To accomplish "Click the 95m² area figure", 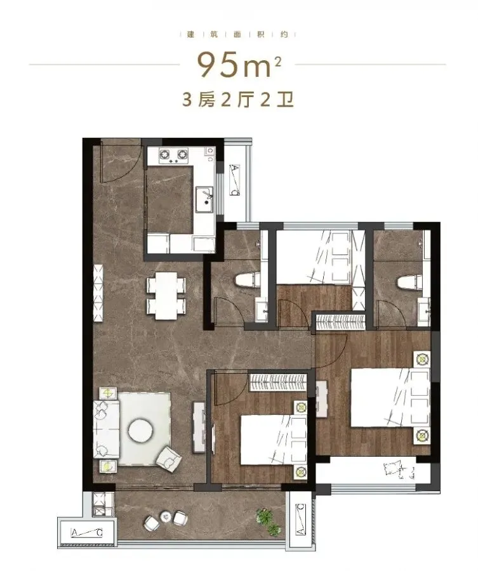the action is click(x=239, y=65).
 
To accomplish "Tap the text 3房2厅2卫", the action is click(x=238, y=100).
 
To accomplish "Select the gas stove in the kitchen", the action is click(x=173, y=155).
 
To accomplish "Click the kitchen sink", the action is click(x=204, y=199).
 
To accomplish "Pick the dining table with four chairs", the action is click(x=166, y=296).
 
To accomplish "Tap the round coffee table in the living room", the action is click(x=141, y=430).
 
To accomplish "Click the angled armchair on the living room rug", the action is click(x=168, y=458).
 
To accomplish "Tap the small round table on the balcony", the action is click(x=166, y=516).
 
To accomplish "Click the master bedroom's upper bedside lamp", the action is click(x=422, y=359).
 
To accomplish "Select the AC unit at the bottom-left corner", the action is click(x=87, y=532).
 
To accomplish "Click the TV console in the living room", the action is click(x=199, y=427).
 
